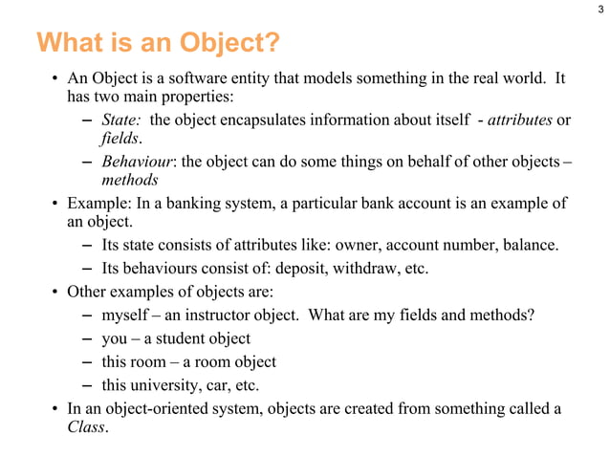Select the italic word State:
pos(121,119)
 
